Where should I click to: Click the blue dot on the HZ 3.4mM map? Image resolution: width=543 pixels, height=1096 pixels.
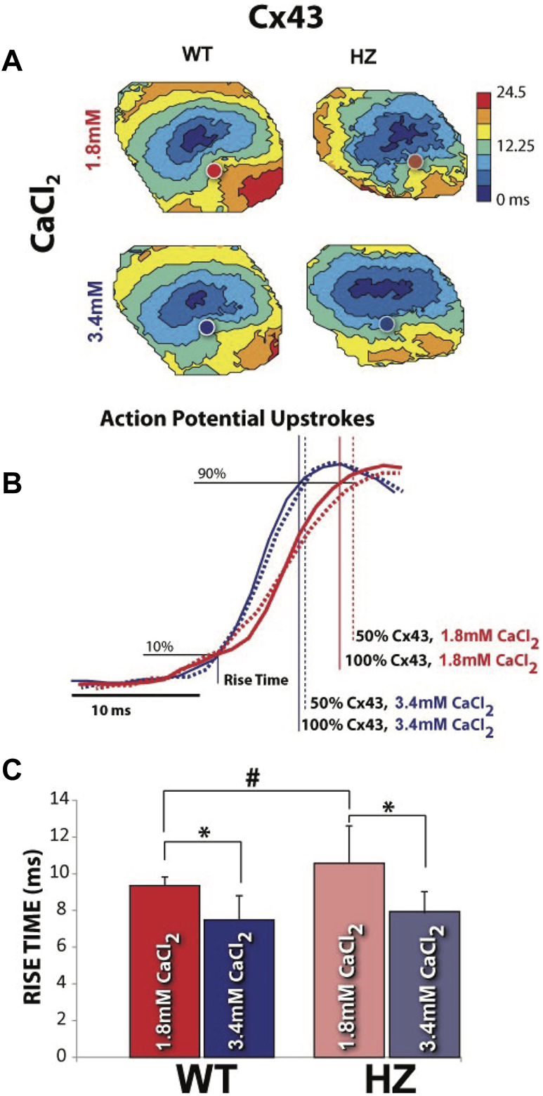(x=386, y=323)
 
